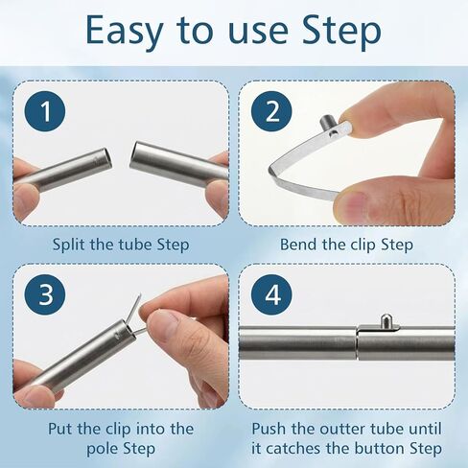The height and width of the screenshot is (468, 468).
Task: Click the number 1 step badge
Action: click(x=45, y=111)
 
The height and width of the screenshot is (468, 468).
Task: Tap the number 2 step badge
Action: click(x=271, y=111)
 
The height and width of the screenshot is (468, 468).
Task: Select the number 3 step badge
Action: click(x=45, y=294)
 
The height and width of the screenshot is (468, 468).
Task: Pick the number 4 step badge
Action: click(x=271, y=294)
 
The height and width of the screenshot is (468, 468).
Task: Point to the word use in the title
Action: click(x=258, y=32)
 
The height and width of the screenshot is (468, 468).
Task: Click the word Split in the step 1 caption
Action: click(x=68, y=246)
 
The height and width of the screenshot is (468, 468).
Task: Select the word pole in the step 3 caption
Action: click(x=103, y=449)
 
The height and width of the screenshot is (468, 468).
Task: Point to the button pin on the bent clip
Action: click(x=326, y=123)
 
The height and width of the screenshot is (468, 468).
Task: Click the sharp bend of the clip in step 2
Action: click(x=271, y=170)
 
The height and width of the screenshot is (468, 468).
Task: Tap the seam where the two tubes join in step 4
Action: click(x=357, y=343)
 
